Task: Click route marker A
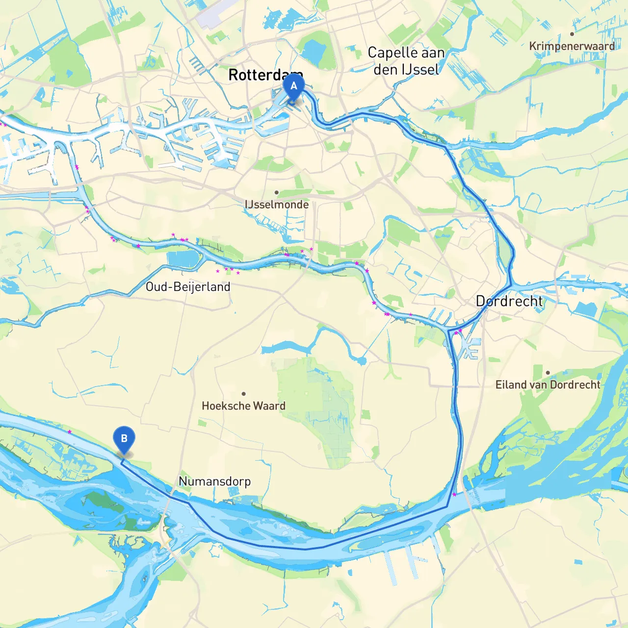[293, 87]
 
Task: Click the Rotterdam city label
[265, 75]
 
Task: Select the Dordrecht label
[509, 301]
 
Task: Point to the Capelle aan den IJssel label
[406, 61]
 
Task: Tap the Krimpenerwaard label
[572, 46]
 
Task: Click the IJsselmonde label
[277, 205]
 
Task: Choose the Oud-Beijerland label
[188, 287]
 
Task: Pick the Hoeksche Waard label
[243, 406]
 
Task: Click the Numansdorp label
[214, 481]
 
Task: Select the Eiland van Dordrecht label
[548, 385]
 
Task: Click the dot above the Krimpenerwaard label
[572, 34]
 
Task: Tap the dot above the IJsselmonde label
[277, 192]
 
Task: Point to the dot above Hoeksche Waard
[243, 393]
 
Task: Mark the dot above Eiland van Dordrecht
[548, 372]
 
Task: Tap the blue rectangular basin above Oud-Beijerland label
[183, 259]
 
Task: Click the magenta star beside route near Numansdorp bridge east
[454, 494]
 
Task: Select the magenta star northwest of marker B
[70, 432]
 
